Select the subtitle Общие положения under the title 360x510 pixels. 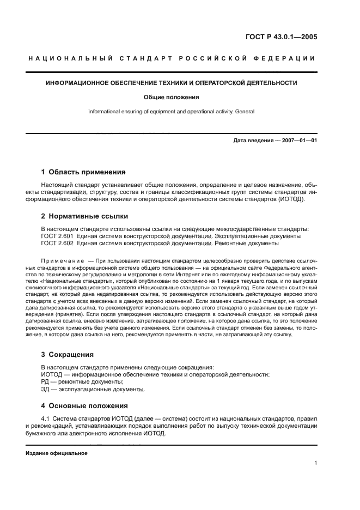[172, 98]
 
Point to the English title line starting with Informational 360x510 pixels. [172, 112]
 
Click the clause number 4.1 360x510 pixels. [46, 418]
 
